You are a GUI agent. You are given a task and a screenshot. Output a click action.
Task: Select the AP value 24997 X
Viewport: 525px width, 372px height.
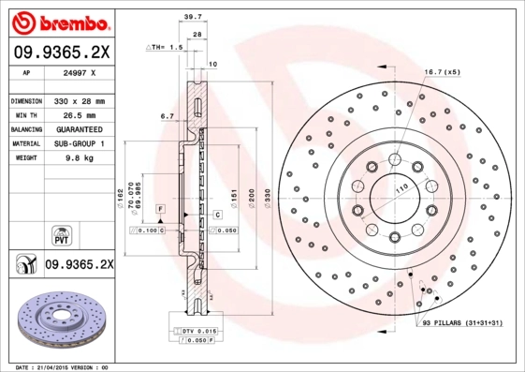tap(78, 71)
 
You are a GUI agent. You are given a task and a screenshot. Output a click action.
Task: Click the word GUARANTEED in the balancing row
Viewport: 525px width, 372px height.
tap(79, 128)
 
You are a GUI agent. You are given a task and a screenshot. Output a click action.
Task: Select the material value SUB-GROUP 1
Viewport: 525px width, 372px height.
tap(79, 143)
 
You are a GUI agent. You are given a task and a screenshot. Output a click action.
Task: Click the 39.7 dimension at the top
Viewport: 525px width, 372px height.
tap(193, 16)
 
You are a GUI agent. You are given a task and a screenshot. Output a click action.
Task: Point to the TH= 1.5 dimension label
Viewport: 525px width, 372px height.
tap(166, 46)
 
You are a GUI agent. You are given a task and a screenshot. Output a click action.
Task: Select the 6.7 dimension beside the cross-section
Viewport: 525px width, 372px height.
tap(168, 117)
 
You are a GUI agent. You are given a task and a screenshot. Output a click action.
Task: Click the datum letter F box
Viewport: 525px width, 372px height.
tap(161, 206)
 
